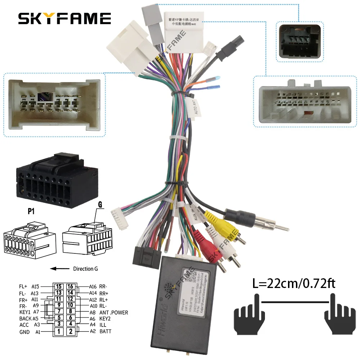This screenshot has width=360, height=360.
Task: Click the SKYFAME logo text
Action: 64,18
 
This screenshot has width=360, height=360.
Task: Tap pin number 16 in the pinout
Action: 71,287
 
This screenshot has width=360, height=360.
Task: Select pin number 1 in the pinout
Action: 59,332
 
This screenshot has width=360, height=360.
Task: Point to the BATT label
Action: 105,332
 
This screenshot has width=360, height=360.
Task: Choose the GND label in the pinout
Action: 24,332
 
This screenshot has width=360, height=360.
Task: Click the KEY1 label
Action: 25,312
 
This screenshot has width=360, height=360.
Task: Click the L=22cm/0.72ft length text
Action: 293,284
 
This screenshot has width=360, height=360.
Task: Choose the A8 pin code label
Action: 93,312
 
